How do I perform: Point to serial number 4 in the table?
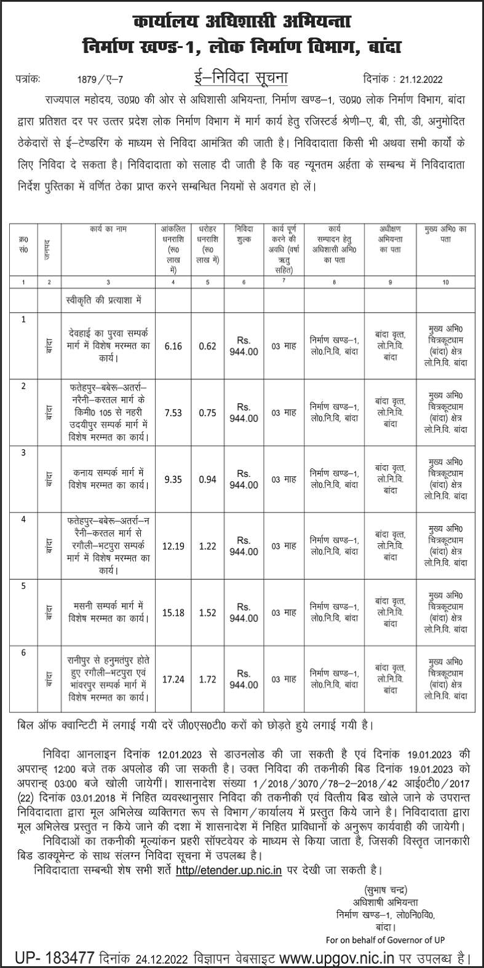(23, 519)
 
